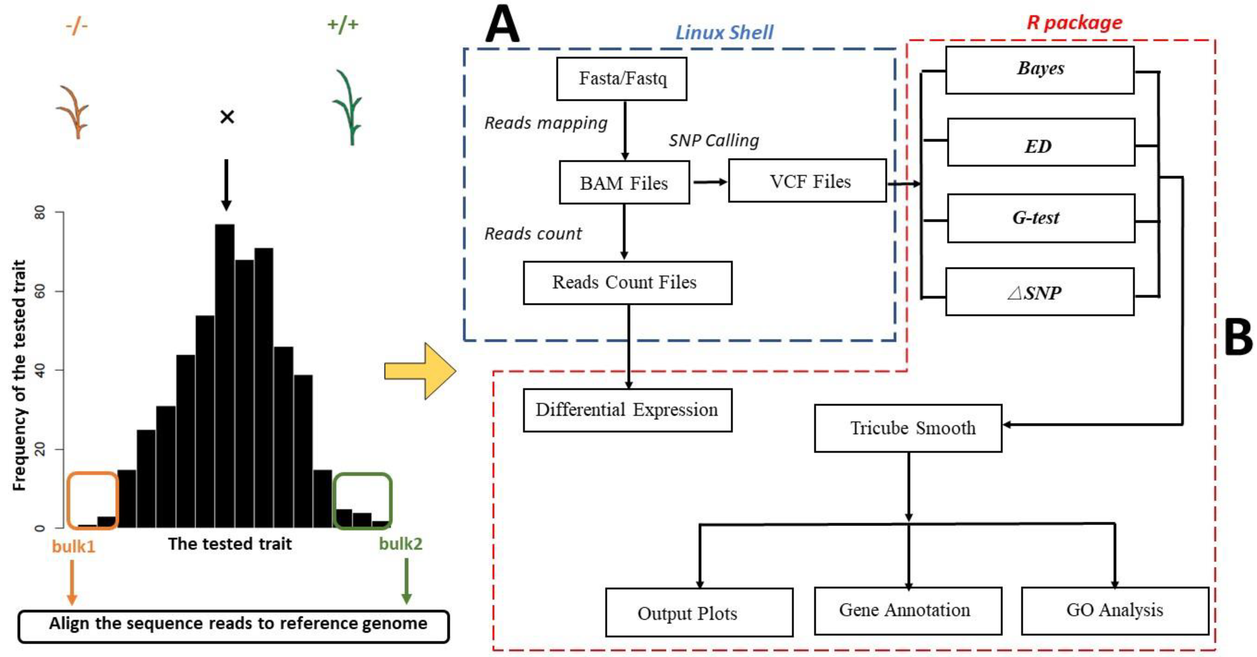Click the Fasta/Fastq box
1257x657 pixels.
(x=622, y=79)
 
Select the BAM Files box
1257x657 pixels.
(x=624, y=183)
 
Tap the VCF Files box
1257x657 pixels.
(x=808, y=181)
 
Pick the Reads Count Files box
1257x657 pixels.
(x=627, y=283)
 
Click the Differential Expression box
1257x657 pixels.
(x=627, y=410)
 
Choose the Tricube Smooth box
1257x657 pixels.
(x=908, y=428)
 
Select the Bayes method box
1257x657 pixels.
(x=1040, y=70)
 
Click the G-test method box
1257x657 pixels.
(x=1041, y=218)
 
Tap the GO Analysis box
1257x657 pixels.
(x=1115, y=611)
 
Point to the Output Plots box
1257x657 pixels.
(x=699, y=612)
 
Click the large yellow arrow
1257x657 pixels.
(x=420, y=371)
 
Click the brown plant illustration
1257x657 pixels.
(x=73, y=112)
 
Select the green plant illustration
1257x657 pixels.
(x=348, y=107)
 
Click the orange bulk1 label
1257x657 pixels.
(x=74, y=546)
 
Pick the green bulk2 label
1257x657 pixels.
(x=401, y=544)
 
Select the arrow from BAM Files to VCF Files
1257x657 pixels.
(x=710, y=182)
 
